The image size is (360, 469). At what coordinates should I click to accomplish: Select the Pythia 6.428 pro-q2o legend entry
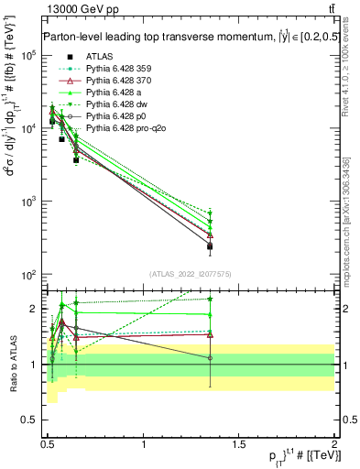coord(120,128)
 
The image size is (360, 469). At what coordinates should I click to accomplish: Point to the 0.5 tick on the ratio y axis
coord(32,420)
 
